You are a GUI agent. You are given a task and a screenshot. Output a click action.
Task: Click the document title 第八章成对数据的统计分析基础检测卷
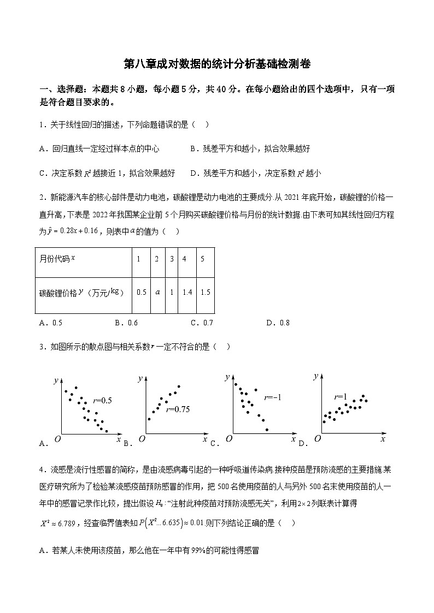(217, 64)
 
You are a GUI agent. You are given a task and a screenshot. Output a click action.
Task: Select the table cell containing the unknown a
(157, 292)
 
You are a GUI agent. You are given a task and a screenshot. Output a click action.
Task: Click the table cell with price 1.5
(205, 292)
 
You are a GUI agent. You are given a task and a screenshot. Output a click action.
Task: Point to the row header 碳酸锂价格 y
(79, 292)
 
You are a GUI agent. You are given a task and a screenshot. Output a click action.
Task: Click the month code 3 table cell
(172, 258)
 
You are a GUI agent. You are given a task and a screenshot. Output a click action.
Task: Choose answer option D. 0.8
(278, 323)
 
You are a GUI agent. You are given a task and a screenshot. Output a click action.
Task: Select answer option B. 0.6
(126, 323)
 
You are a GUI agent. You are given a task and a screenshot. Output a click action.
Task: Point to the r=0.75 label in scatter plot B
(178, 409)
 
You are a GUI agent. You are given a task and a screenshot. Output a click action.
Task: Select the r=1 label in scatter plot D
(341, 397)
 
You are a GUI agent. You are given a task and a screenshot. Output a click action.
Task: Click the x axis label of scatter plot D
(383, 438)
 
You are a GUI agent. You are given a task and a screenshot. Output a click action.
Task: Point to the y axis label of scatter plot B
(140, 378)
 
